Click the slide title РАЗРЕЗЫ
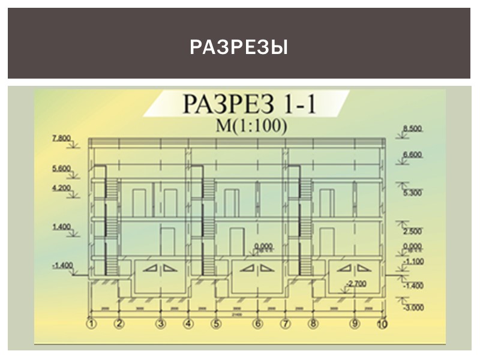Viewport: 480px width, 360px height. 239,47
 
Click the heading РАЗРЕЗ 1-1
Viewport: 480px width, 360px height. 250,105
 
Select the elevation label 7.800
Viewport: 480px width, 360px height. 62,139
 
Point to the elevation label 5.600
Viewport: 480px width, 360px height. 62,169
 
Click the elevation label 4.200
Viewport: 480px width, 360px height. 62,188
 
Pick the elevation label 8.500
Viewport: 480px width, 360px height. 413,129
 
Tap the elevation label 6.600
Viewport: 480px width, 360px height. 413,155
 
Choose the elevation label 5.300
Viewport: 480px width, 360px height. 413,193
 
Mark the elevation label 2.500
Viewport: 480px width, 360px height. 413,231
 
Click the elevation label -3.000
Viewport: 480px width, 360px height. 413,307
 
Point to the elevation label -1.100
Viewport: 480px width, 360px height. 413,262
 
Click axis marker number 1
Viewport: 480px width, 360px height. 91,325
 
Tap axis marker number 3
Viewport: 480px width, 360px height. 160,325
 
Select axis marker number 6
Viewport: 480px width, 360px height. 258,325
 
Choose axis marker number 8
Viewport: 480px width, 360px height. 313,325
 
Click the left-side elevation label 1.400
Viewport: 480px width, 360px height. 62,227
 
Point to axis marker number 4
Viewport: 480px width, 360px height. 188,325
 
